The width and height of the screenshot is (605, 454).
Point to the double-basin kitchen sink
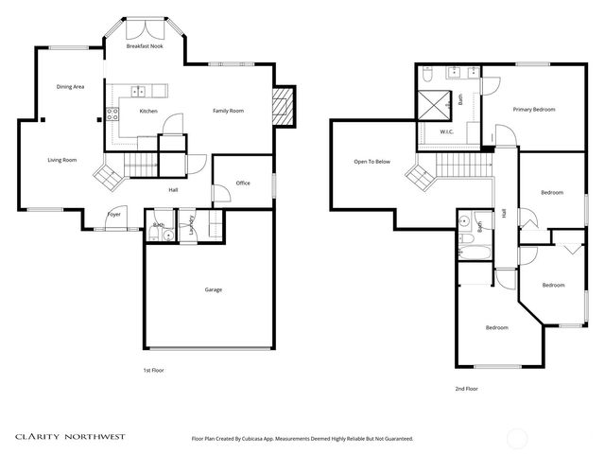[139, 92]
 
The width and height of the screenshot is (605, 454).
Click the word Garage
[214, 289]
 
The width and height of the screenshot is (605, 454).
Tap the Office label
[243, 183]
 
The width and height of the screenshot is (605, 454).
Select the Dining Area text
[71, 86]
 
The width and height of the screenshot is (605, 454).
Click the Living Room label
[62, 160]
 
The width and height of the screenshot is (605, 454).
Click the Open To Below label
[372, 162]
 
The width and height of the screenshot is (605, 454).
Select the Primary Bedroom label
[534, 110]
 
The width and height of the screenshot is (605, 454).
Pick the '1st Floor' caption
[153, 370]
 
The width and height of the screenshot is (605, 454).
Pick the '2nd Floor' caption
[466, 388]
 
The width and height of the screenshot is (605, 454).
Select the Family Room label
[228, 111]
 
